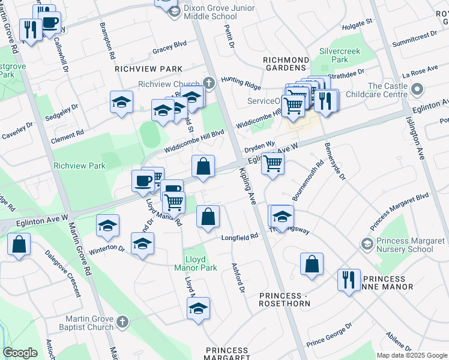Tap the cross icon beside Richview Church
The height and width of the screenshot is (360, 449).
(209, 83)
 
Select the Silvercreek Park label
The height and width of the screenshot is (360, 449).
(340, 55)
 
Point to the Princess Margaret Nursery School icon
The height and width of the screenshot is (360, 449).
(367, 244)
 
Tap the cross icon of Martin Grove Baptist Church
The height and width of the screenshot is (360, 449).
(122, 322)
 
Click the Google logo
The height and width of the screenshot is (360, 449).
(20, 353)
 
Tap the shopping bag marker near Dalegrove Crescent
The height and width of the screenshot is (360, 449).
(19, 244)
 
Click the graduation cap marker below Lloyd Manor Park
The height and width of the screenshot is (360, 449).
(197, 308)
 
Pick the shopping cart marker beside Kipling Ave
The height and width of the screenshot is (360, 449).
(273, 163)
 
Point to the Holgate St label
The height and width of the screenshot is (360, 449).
(357, 25)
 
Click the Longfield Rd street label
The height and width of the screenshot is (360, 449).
(240, 236)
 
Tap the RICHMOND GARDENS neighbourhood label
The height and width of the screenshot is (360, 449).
(286, 64)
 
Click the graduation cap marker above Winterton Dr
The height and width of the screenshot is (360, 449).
(108, 226)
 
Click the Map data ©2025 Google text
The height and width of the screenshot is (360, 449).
(411, 355)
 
